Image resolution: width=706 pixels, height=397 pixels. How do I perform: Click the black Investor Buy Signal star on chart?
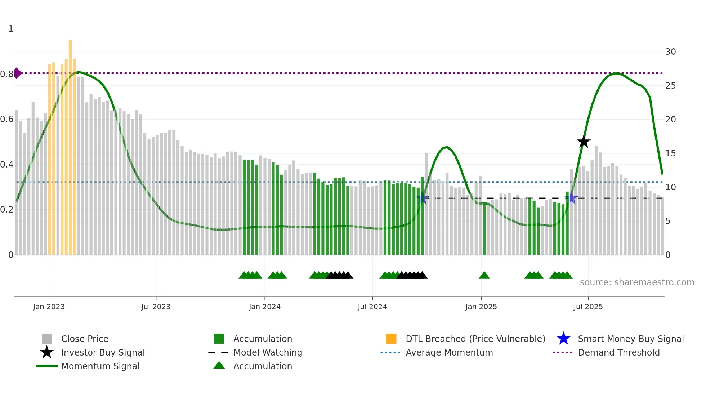pos(584,142)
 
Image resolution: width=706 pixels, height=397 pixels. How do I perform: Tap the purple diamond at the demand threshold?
pos(18,73)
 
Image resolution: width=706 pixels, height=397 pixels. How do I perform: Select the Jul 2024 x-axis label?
pos(372,307)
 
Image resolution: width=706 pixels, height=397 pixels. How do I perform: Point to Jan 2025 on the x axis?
pos(481,307)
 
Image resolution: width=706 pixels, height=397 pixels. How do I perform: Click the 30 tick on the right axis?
pos(670,52)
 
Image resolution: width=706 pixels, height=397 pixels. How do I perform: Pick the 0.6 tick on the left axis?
pos(7,119)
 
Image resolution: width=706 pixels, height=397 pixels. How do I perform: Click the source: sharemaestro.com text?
pos(637,282)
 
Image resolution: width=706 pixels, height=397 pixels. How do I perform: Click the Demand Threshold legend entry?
pos(618,352)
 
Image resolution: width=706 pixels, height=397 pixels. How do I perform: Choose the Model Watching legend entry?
pos(267,352)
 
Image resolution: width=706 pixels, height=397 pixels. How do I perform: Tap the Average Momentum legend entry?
pos(449,352)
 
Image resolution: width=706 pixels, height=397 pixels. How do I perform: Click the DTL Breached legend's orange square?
pos(391,339)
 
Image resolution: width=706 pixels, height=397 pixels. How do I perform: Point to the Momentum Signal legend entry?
pos(100,366)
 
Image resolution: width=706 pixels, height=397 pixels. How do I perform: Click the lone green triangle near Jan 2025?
pos(484,276)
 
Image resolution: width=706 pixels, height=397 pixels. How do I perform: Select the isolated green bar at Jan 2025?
pos(484,231)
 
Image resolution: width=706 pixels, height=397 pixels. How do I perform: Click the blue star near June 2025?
pos(571,198)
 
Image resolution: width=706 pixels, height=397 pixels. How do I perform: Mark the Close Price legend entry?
pos(84,339)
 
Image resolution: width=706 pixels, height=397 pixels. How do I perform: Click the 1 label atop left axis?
pos(11,29)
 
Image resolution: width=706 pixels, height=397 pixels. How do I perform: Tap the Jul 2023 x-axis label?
pos(156,307)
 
